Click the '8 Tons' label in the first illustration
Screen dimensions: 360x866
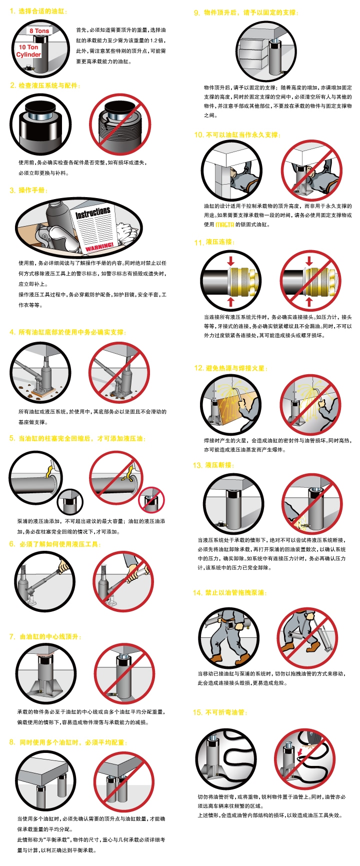(39, 31)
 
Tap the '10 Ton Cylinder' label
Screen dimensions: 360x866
(28, 51)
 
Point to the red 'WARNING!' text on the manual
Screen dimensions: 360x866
(99, 246)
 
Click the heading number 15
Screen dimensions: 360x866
(198, 712)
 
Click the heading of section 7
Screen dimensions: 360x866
(45, 637)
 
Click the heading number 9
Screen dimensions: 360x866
(196, 13)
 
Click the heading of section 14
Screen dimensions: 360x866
(230, 593)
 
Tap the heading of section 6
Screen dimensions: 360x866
(55, 544)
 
